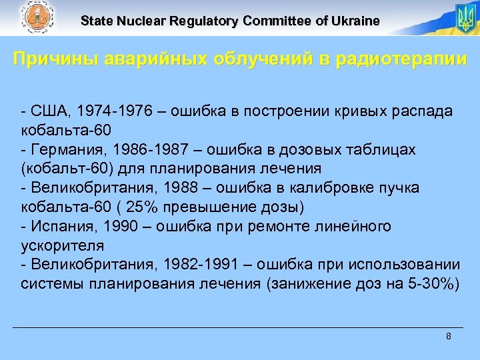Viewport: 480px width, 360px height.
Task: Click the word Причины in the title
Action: [x=55, y=59]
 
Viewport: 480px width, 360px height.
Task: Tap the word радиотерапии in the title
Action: [x=400, y=59]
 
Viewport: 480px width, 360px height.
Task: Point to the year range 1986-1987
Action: [x=142, y=150]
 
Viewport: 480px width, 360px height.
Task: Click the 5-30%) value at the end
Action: [x=434, y=283]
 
